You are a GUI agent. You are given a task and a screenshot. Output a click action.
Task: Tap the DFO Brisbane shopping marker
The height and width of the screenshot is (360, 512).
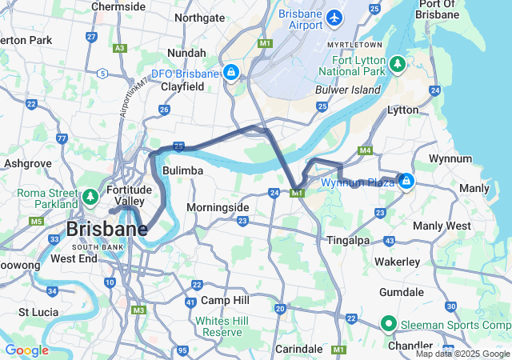coord(230,73)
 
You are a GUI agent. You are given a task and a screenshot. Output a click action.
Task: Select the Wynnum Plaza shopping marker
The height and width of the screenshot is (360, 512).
coord(406,182)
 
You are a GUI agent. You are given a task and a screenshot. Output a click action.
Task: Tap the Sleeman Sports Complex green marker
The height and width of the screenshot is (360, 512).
coord(389,324)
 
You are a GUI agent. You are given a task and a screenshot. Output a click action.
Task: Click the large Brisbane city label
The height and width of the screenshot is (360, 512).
coord(106,230)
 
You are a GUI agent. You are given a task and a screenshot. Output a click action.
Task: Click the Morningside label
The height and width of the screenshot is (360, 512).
coord(218,207)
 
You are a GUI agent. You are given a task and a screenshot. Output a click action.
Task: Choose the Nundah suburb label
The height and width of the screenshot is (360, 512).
coord(186,53)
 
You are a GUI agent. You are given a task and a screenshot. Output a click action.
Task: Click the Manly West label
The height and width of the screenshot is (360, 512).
coord(442,226)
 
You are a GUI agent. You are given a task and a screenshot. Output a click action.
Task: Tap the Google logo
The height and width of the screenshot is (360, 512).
coord(26,350)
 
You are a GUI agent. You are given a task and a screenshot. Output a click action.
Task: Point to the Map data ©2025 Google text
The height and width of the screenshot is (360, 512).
coord(461,354)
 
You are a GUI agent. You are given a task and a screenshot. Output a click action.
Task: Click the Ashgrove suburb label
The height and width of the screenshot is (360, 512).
coord(27,162)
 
